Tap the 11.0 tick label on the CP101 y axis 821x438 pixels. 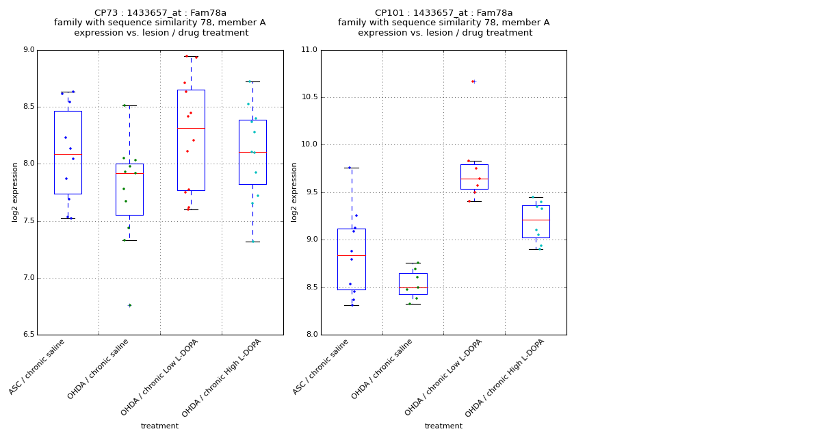309,50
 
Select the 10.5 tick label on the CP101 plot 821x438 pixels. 309,97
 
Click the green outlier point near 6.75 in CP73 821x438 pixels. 129,305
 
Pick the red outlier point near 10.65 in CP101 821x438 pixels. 473,81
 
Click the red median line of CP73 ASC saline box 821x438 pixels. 68,154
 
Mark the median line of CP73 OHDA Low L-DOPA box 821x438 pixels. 191,128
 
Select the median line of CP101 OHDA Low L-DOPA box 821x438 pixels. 474,179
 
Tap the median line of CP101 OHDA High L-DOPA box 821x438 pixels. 536,220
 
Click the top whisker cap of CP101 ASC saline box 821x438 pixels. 352,168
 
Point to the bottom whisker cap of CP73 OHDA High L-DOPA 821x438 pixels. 252,242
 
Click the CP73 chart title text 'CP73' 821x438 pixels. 105,13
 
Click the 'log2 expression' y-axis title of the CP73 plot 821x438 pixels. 15,192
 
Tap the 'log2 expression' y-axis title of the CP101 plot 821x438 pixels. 295,192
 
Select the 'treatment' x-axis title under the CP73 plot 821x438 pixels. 159,426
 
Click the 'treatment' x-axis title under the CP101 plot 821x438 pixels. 443,426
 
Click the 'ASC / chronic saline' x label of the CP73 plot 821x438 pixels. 38,365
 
